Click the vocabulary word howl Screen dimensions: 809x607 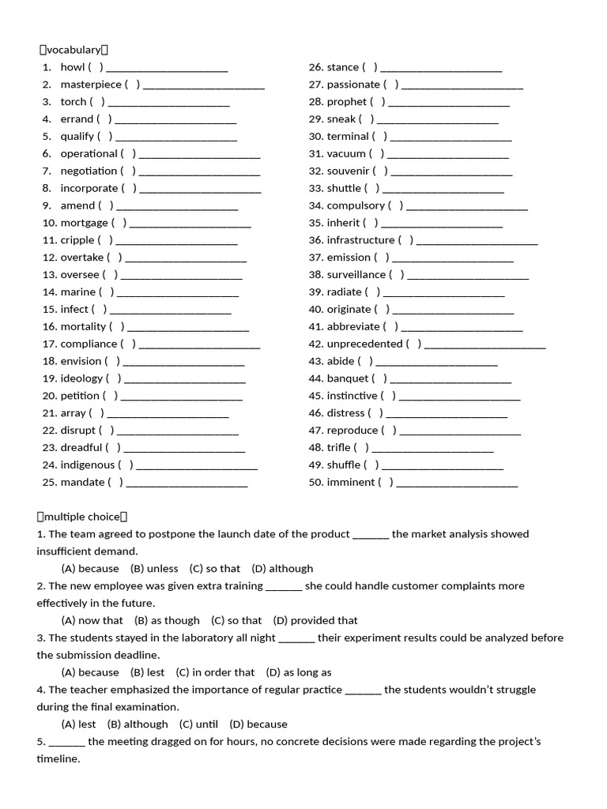(73, 67)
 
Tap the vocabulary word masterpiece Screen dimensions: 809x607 (91, 85)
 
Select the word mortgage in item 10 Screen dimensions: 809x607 (84, 223)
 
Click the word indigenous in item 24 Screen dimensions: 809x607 (88, 465)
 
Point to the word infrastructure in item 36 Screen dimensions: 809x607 (360, 240)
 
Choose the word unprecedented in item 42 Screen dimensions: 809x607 (364, 344)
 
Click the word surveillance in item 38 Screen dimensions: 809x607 (356, 275)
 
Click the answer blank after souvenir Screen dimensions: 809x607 (451, 172)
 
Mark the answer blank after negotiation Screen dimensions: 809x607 (199, 172)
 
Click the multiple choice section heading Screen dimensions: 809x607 (82, 517)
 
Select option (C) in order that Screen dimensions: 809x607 (215, 672)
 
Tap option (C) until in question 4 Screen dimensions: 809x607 (198, 724)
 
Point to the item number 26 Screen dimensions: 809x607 (316, 67)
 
